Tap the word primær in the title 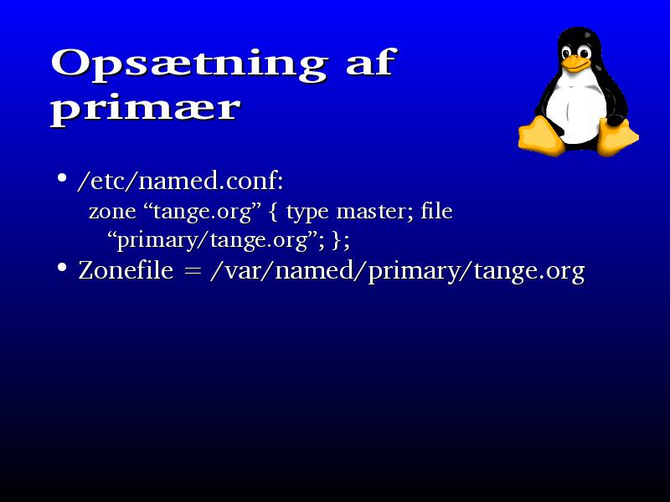(145, 110)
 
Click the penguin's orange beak (575, 64)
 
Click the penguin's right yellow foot (617, 137)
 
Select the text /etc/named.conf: (180, 181)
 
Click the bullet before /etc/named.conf (62, 178)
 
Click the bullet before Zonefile (62, 268)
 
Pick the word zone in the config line (112, 213)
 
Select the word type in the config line (307, 213)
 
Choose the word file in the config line (436, 211)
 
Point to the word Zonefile (126, 270)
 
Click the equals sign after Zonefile (192, 271)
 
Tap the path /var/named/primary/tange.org (397, 271)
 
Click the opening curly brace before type (274, 213)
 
